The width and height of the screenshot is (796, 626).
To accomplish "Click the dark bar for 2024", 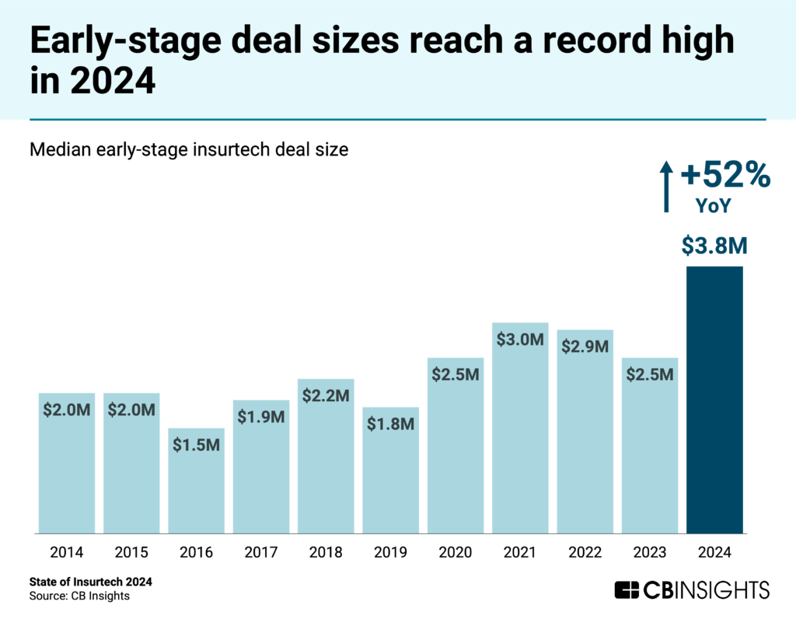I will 714,400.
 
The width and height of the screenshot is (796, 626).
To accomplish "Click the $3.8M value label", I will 714,246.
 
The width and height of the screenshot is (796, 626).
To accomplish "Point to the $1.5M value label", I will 196,445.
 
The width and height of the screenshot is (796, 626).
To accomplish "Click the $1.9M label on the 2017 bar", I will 260,417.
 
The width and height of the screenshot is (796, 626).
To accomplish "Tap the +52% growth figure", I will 724,176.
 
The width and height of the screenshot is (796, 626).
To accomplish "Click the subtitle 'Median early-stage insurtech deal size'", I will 189,149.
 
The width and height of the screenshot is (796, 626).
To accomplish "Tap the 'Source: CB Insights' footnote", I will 79,596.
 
